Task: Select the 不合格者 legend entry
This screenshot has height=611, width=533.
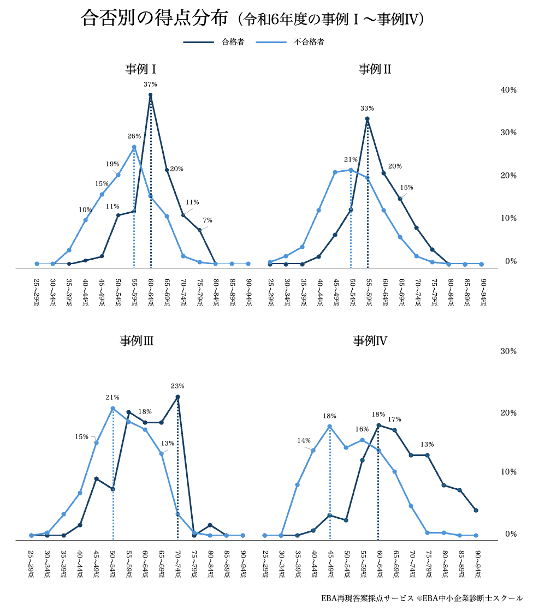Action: [309, 42]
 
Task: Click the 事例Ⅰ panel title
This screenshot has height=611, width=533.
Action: [141, 69]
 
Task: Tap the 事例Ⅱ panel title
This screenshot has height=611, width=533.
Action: [375, 69]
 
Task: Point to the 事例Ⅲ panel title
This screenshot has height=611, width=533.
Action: [137, 342]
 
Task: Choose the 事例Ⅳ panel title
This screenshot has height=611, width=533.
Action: [370, 342]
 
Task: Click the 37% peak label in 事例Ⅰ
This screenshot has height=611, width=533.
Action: [150, 85]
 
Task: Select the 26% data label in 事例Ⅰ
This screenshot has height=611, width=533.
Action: [134, 136]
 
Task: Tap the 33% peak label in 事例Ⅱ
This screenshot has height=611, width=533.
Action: [368, 109]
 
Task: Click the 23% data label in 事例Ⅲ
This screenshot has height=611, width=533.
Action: [177, 386]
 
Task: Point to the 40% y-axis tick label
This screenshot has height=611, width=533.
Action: [508, 90]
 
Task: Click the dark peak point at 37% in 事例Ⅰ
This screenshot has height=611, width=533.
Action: [150, 95]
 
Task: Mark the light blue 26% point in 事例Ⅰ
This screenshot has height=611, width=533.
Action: [134, 147]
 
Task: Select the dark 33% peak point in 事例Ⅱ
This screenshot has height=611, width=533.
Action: [368, 119]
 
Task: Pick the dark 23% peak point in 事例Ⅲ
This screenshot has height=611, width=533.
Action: [177, 397]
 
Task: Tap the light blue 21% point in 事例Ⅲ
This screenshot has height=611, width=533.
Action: [112, 408]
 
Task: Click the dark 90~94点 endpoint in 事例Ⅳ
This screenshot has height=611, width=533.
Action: [476, 511]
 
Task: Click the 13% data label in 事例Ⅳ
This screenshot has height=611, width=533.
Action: [427, 445]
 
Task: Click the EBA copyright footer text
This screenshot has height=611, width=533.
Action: [422, 598]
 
